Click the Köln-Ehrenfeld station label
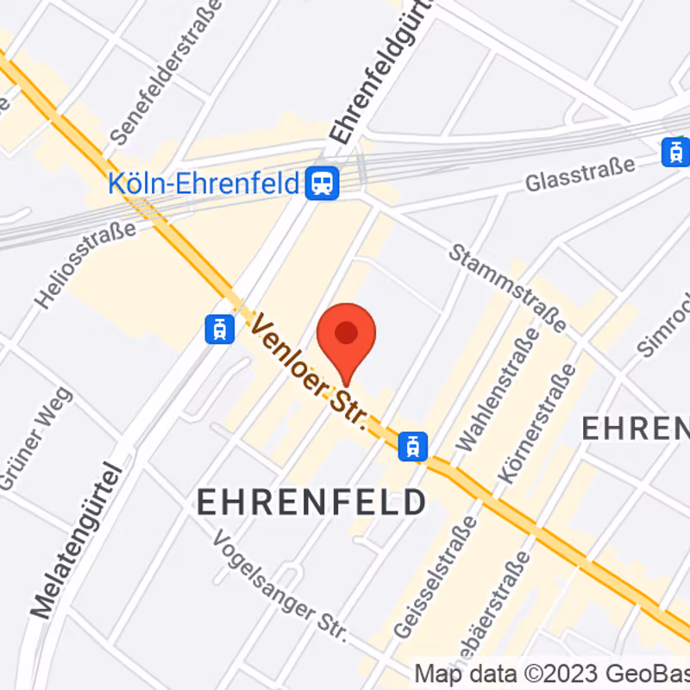click(204, 183)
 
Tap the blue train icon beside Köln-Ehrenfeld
click(323, 183)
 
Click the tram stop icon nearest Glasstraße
click(675, 153)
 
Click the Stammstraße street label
click(507, 287)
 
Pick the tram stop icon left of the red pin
click(220, 329)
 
